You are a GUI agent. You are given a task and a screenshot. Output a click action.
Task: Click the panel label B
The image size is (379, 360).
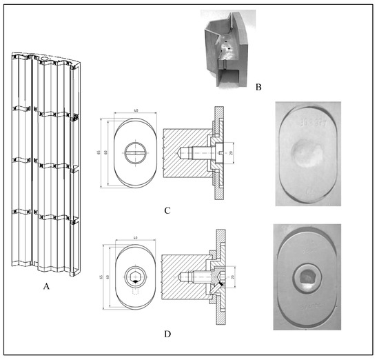point(258,88)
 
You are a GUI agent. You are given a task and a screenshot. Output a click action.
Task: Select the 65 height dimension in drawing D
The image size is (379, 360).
point(101,279)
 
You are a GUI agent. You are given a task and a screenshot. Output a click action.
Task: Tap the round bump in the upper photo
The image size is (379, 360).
point(305,150)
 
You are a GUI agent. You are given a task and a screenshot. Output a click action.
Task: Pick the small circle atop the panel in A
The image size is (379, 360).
point(45,60)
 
